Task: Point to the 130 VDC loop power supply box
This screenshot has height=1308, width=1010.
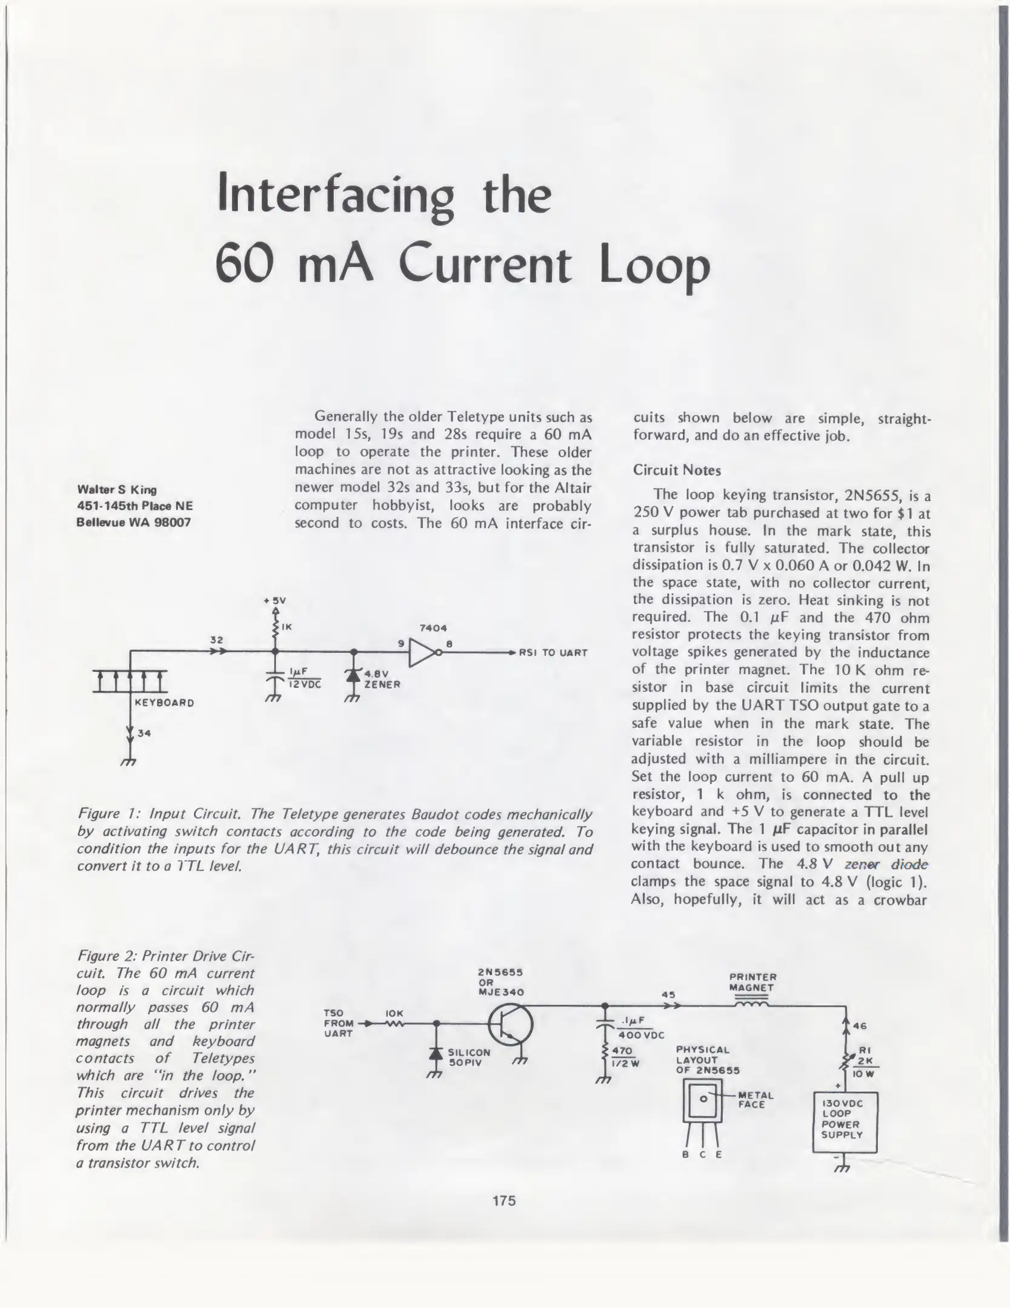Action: tap(844, 1120)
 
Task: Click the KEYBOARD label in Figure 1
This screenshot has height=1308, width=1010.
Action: tap(164, 703)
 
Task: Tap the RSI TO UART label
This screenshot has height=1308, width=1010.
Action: tap(553, 653)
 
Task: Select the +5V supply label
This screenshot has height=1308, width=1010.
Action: tap(274, 601)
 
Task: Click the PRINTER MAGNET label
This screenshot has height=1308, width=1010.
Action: tap(753, 982)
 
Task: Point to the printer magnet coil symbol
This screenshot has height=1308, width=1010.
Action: tap(752, 1005)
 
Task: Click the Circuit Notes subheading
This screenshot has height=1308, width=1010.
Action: tap(677, 471)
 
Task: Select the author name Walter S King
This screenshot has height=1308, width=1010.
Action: tap(117, 489)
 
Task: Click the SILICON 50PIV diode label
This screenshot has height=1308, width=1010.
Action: tap(468, 1057)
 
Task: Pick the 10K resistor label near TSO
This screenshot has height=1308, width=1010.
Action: tap(394, 1013)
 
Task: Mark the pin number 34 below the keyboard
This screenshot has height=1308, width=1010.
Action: tap(144, 733)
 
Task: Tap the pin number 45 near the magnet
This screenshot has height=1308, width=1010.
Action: tap(668, 994)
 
